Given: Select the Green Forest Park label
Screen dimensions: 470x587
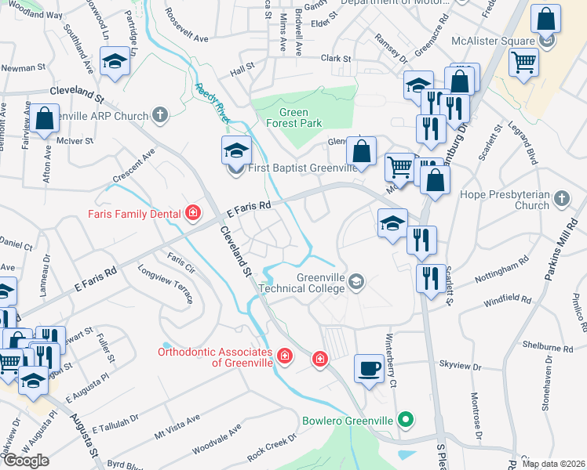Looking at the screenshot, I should pyautogui.click(x=294, y=117).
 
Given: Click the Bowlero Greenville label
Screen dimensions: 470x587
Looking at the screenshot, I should pyautogui.click(x=348, y=421).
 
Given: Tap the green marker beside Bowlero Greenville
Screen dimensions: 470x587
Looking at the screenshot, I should pyautogui.click(x=405, y=421).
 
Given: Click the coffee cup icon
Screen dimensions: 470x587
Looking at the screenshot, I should pyautogui.click(x=369, y=367).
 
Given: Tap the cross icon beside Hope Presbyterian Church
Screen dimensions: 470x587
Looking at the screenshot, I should pyautogui.click(x=561, y=199).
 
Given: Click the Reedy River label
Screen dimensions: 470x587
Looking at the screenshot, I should pyautogui.click(x=213, y=103).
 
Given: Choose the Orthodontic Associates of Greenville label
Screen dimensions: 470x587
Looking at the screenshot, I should pyautogui.click(x=216, y=356).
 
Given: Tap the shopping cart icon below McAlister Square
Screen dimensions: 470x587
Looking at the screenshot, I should pyautogui.click(x=523, y=61).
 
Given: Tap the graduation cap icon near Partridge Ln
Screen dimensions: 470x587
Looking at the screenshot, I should pyautogui.click(x=115, y=63).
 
